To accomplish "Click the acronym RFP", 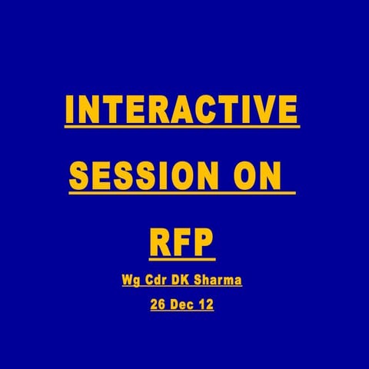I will coord(181,241).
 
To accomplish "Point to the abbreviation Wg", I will coord(131,281).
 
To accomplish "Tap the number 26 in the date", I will coord(158,304).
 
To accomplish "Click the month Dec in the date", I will coord(181,304).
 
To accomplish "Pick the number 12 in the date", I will coord(205,304).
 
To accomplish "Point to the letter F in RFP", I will coord(181,241).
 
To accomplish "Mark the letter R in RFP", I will coord(160,241).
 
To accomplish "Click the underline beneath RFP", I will coord(181,260).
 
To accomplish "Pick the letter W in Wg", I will coord(128,280).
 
